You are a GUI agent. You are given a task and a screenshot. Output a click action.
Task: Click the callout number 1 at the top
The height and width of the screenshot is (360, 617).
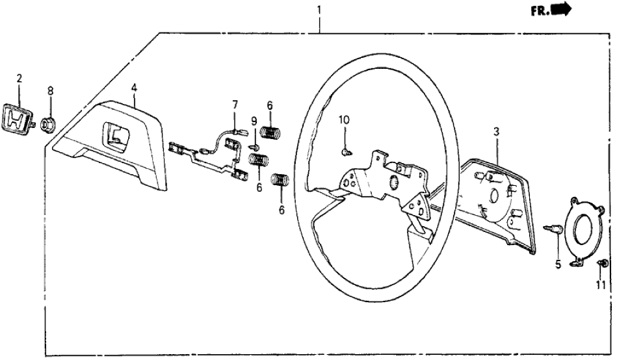[x=319, y=10]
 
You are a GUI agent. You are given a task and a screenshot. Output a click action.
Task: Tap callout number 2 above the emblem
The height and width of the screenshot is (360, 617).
[x=20, y=79]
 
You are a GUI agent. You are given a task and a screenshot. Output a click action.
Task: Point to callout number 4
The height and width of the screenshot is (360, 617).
[x=133, y=86]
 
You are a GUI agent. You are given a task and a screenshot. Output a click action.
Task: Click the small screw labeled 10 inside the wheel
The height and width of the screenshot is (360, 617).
[x=345, y=151]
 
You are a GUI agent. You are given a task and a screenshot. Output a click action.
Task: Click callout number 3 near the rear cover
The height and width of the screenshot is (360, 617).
[x=496, y=132]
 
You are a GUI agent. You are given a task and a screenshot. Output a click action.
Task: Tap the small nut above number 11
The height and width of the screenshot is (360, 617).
[x=602, y=263]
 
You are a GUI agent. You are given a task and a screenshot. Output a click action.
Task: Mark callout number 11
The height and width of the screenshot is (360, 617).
[x=601, y=285]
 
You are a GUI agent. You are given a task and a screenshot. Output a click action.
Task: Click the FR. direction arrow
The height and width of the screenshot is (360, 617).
[x=559, y=9]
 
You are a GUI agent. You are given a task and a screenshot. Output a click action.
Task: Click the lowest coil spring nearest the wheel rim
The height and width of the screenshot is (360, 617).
[x=280, y=180]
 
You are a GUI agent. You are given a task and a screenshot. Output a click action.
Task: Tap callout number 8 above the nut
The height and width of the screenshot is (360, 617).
[x=50, y=90]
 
